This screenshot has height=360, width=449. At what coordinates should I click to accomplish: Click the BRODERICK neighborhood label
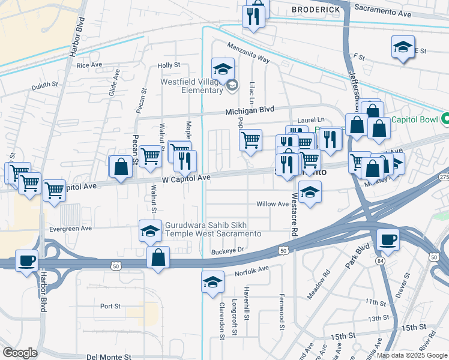point(316,10)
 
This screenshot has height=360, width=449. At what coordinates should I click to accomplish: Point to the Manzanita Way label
point(248,52)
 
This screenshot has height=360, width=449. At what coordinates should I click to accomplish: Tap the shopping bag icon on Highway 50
point(158,258)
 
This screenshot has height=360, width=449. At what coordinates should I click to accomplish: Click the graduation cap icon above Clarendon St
point(212,281)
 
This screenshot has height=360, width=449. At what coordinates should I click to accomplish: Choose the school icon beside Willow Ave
point(309,193)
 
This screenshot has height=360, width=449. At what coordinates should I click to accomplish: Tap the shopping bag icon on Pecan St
point(121,166)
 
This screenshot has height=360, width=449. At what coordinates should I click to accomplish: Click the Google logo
point(20,352)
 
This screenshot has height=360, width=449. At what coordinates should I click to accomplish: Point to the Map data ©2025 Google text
point(412,355)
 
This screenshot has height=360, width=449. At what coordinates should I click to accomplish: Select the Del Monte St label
point(109,356)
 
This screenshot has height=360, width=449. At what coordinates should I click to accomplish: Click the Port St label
point(110,306)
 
